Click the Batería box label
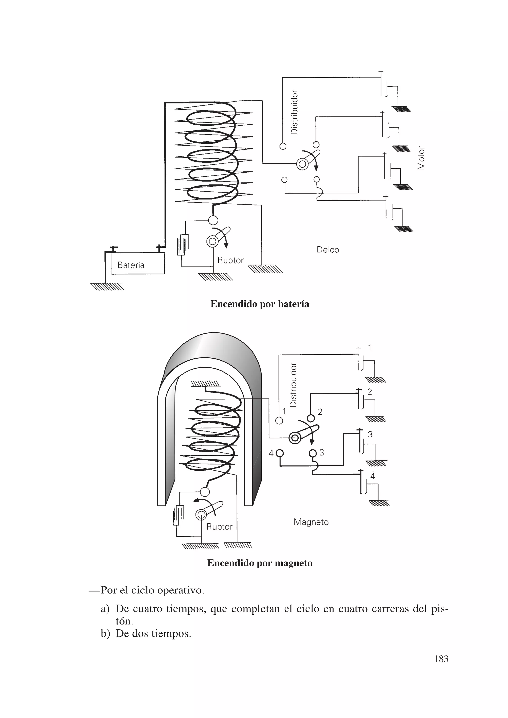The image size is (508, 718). pyautogui.click(x=131, y=265)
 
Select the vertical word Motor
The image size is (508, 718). pyautogui.click(x=421, y=158)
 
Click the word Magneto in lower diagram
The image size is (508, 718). pyautogui.click(x=311, y=522)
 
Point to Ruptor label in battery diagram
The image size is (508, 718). pyautogui.click(x=230, y=260)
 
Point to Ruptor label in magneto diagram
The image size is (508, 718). pyautogui.click(x=219, y=527)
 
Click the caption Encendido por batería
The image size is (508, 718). pyautogui.click(x=260, y=304)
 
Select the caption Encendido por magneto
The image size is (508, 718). pyautogui.click(x=260, y=563)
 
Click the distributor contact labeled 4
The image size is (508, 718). pyautogui.click(x=279, y=453)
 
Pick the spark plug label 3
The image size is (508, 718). pyautogui.click(x=370, y=434)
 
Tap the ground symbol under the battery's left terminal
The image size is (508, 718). pyautogui.click(x=107, y=286)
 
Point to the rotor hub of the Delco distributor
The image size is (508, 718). pyautogui.click(x=302, y=164)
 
